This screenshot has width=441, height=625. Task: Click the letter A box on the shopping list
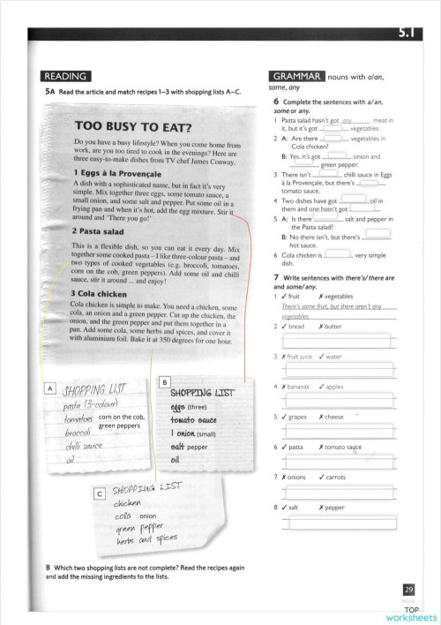[50, 388]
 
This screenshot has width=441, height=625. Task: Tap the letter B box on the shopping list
[165, 381]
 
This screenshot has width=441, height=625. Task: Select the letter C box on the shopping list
[100, 494]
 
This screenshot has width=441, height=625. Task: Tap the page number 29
[408, 590]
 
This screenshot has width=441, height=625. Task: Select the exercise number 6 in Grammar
[277, 102]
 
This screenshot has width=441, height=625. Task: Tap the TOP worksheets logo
[411, 613]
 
